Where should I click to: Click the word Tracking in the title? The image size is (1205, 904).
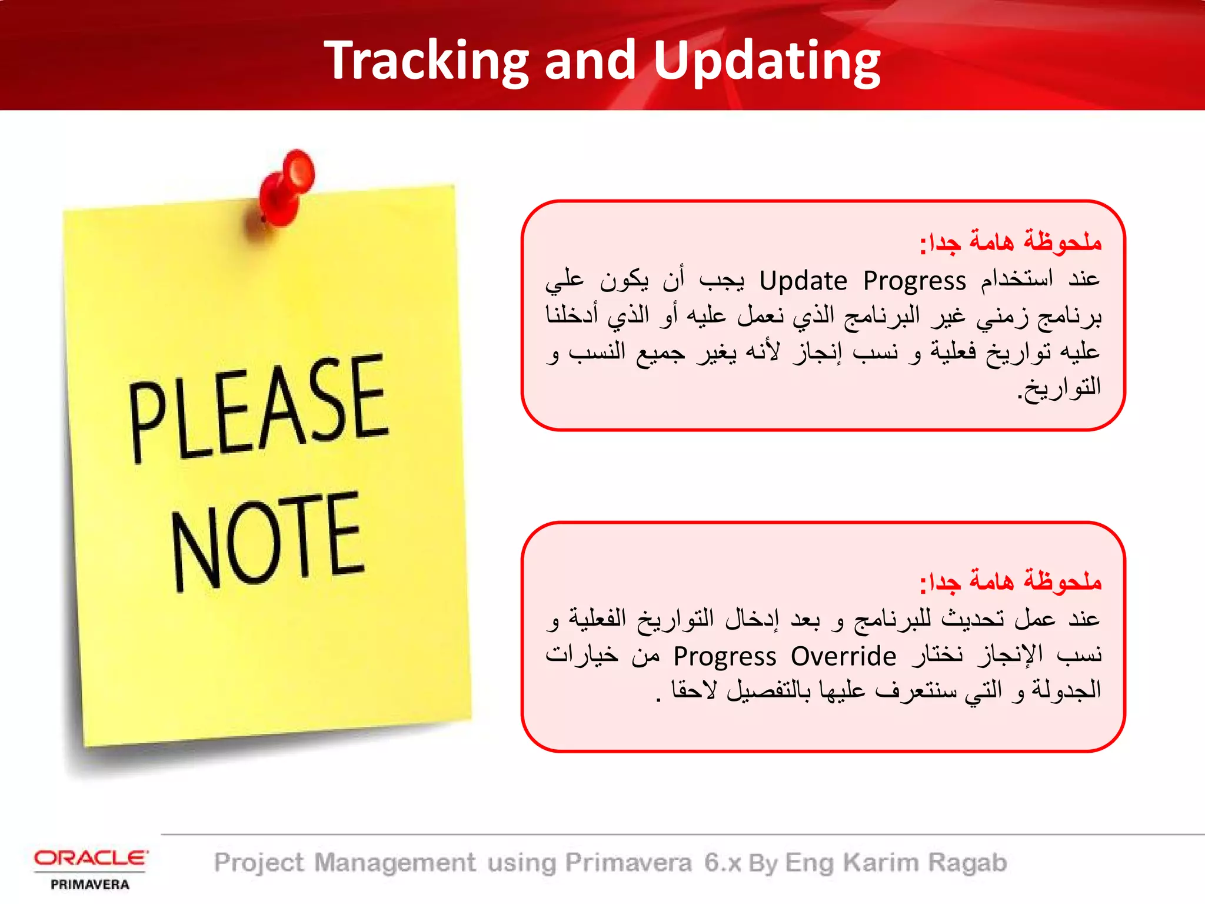(427, 61)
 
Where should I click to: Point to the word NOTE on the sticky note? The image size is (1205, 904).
(267, 540)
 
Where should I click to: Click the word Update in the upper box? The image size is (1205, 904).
(803, 281)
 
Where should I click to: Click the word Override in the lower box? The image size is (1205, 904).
(843, 656)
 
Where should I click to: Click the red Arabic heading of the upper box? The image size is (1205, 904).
(1010, 242)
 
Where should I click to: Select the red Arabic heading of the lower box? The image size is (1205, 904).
(1010, 581)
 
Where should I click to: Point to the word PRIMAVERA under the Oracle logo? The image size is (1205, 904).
(90, 885)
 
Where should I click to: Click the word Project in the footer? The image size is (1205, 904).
(259, 863)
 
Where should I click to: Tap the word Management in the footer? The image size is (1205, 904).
(395, 863)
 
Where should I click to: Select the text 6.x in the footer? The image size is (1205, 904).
(723, 863)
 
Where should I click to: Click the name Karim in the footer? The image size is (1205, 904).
(881, 863)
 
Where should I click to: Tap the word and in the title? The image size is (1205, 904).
(590, 61)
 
